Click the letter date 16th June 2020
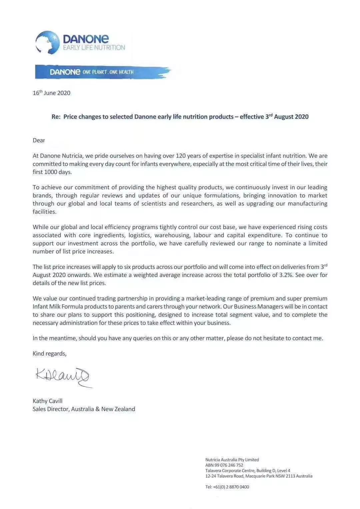(51, 93)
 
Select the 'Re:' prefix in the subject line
(56, 117)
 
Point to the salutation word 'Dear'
(39, 140)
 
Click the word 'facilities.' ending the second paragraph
(45, 212)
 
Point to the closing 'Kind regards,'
(49, 354)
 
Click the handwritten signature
(63, 377)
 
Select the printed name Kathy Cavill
(47, 401)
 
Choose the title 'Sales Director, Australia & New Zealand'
(84, 409)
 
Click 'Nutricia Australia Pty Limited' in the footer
(232, 460)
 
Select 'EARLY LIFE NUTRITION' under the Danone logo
(94, 48)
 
